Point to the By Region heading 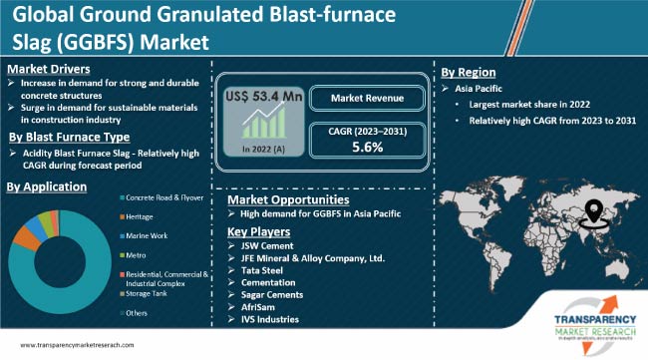click(x=469, y=73)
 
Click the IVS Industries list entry click(x=273, y=321)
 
